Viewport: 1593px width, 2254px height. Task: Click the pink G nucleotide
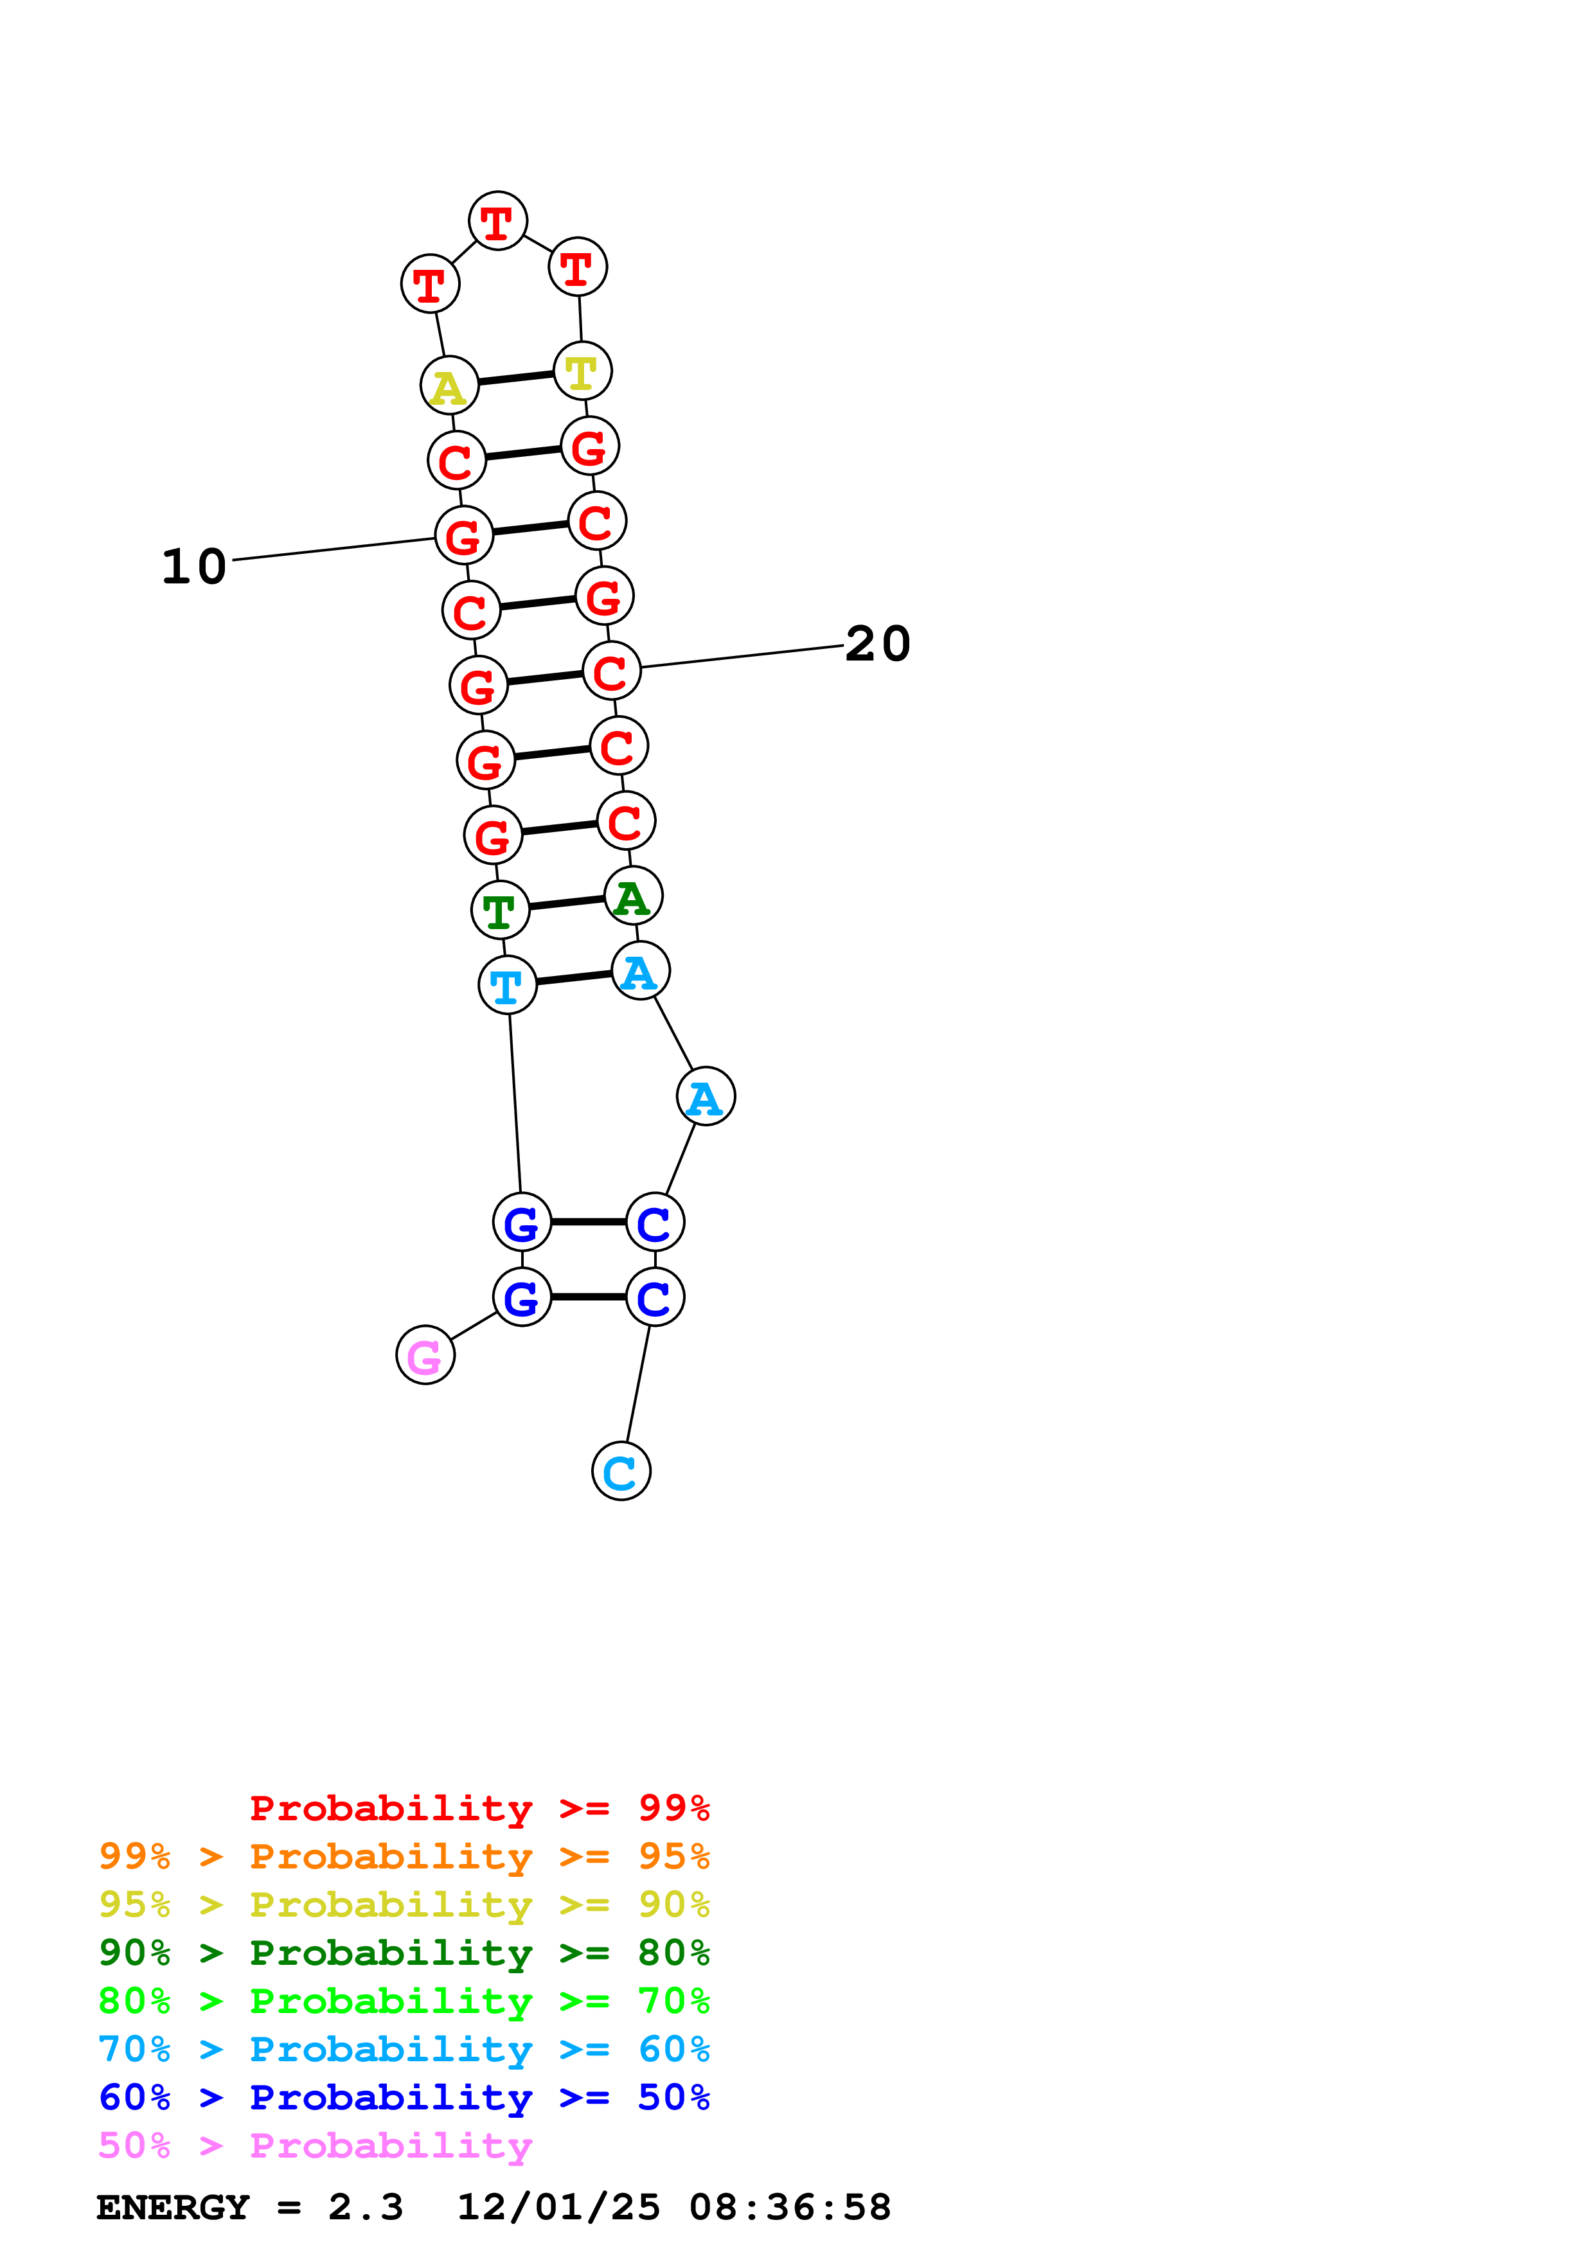[x=425, y=1354]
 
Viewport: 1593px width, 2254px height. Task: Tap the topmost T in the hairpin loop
[x=497, y=221]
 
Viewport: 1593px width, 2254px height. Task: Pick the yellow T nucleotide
[x=582, y=371]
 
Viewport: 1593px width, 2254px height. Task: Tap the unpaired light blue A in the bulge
[x=706, y=1097]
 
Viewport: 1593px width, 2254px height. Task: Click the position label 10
[x=194, y=567]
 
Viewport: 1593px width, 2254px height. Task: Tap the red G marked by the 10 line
[x=464, y=536]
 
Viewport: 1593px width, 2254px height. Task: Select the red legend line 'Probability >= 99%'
[x=479, y=1808]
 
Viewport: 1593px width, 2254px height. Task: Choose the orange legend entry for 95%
[x=404, y=1856]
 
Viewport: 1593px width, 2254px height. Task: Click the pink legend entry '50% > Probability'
[x=315, y=2146]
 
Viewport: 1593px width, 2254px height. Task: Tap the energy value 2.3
[x=365, y=2208]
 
